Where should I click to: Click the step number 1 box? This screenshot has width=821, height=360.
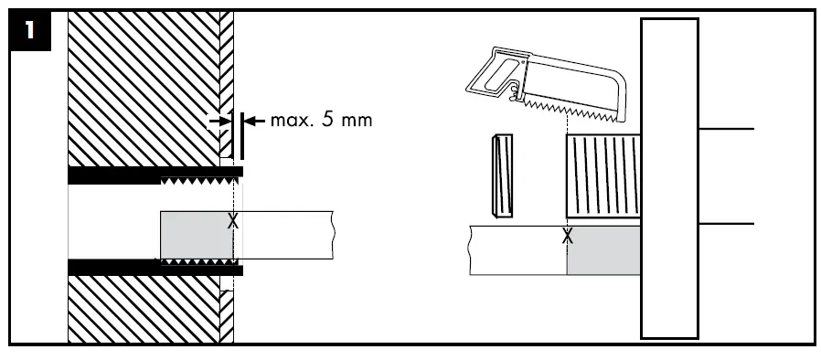tap(30, 31)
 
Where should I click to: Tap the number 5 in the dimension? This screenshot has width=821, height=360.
tap(326, 121)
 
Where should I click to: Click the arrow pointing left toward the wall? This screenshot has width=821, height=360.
tap(255, 122)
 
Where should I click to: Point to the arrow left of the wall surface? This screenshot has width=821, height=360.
tap(219, 122)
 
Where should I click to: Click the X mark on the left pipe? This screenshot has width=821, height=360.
tap(233, 221)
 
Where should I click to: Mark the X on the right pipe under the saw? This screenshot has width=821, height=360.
tap(567, 237)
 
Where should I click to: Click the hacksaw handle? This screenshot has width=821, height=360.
tap(498, 74)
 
